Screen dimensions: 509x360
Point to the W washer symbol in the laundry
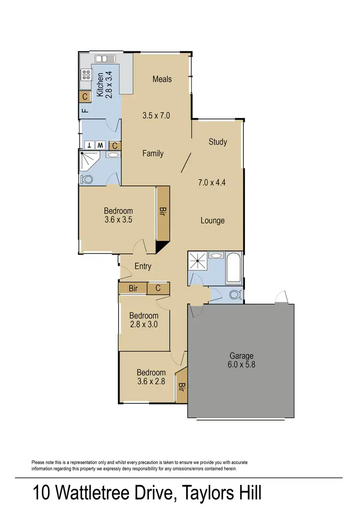100,145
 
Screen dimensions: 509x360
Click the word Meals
162,79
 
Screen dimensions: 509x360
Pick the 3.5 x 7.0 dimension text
156,115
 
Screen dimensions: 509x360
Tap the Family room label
153,154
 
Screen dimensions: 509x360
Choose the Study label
217,142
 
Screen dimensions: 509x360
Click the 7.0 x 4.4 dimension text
212,182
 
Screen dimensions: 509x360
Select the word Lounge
212,220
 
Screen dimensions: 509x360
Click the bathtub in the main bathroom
234,267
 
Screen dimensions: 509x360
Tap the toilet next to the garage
235,294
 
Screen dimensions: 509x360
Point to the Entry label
143,267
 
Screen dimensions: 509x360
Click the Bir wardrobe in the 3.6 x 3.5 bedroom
163,214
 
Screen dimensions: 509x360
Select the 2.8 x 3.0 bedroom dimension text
144,324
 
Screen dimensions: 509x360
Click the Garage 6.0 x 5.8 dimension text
241,364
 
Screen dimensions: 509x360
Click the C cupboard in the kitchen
84,97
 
